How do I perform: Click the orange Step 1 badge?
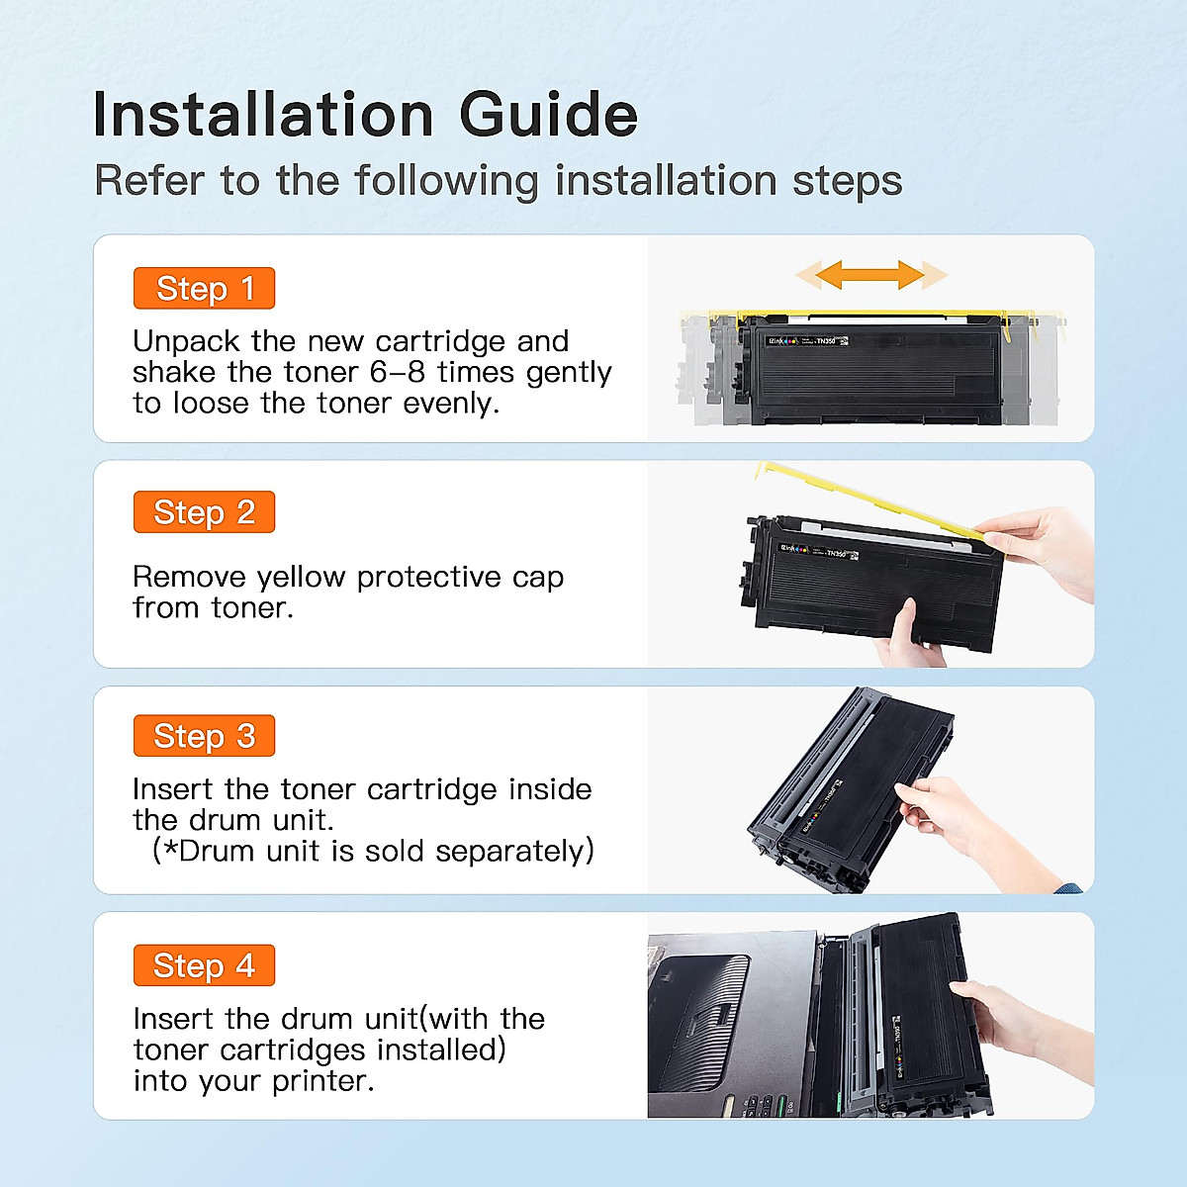click(x=204, y=289)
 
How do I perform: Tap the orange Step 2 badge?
click(x=204, y=512)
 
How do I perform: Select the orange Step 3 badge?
click(x=204, y=736)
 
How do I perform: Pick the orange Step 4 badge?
click(x=204, y=965)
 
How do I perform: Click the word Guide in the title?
click(x=548, y=115)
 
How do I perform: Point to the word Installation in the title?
click(x=263, y=115)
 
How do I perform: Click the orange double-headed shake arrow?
click(x=870, y=274)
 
